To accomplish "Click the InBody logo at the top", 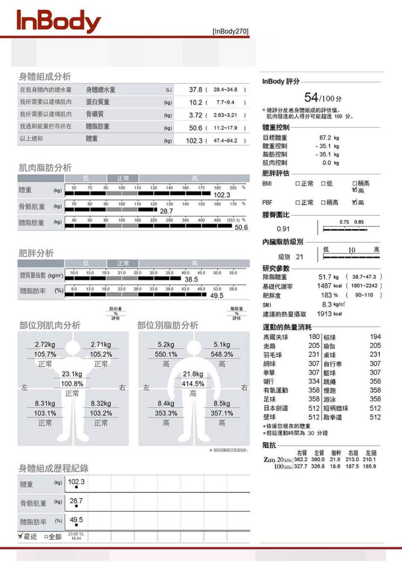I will pos(59,22).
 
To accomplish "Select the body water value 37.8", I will pos(196,90).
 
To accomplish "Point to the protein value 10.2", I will pos(196,103).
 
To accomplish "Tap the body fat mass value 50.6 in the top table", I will pos(196,128).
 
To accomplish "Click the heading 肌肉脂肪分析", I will pos(45,168).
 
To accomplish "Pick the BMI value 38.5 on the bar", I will pos(191,280).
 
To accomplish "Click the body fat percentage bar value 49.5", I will pos(217,296).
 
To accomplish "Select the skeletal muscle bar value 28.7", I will pos(167,212).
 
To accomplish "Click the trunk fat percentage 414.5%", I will pos(193,383).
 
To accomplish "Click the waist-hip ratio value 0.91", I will pos(284,230).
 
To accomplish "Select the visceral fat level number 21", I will pos(299,257).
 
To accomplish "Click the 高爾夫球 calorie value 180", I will pos(314,337).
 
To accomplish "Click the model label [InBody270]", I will pos(230,31).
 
